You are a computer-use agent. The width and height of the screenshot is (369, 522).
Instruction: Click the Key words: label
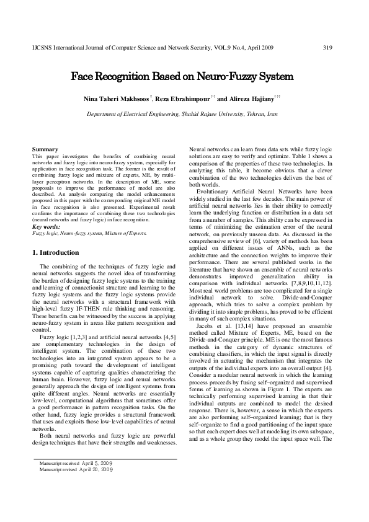(47, 227)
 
